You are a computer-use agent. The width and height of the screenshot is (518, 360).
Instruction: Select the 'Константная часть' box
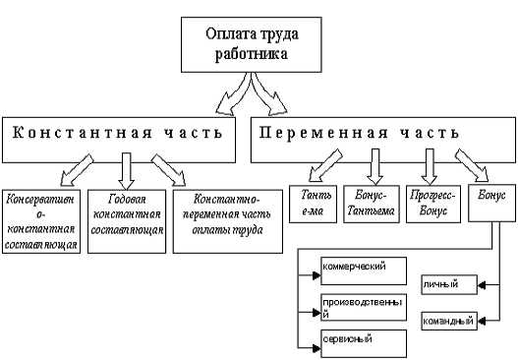point(119,135)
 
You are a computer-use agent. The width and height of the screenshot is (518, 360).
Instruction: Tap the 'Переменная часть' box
point(379,135)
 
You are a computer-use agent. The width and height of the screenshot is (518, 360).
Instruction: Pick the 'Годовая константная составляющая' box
point(124,214)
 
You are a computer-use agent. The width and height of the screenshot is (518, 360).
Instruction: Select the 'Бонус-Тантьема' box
point(374,203)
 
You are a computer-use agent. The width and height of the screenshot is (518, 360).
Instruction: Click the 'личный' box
point(448,285)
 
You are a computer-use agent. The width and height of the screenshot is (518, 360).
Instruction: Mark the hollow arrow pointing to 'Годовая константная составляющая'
point(124,168)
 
